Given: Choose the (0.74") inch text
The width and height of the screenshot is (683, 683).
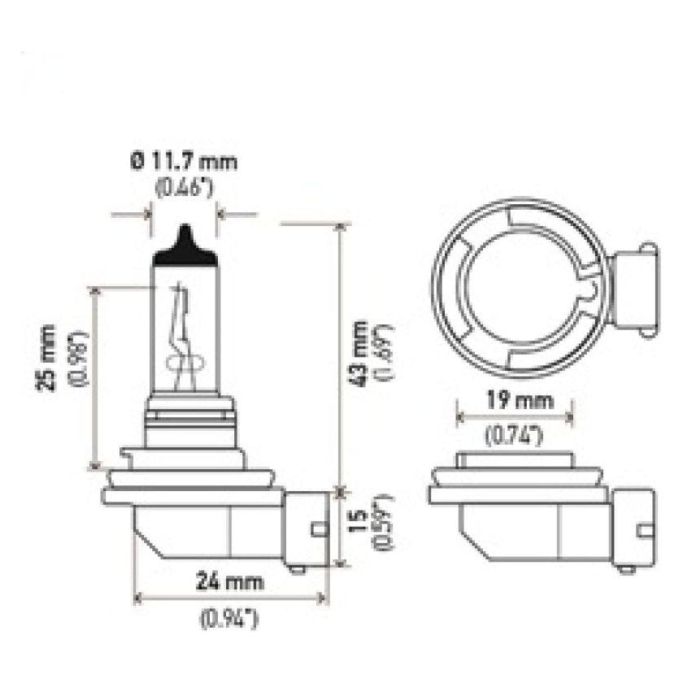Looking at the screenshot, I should (513, 436).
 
